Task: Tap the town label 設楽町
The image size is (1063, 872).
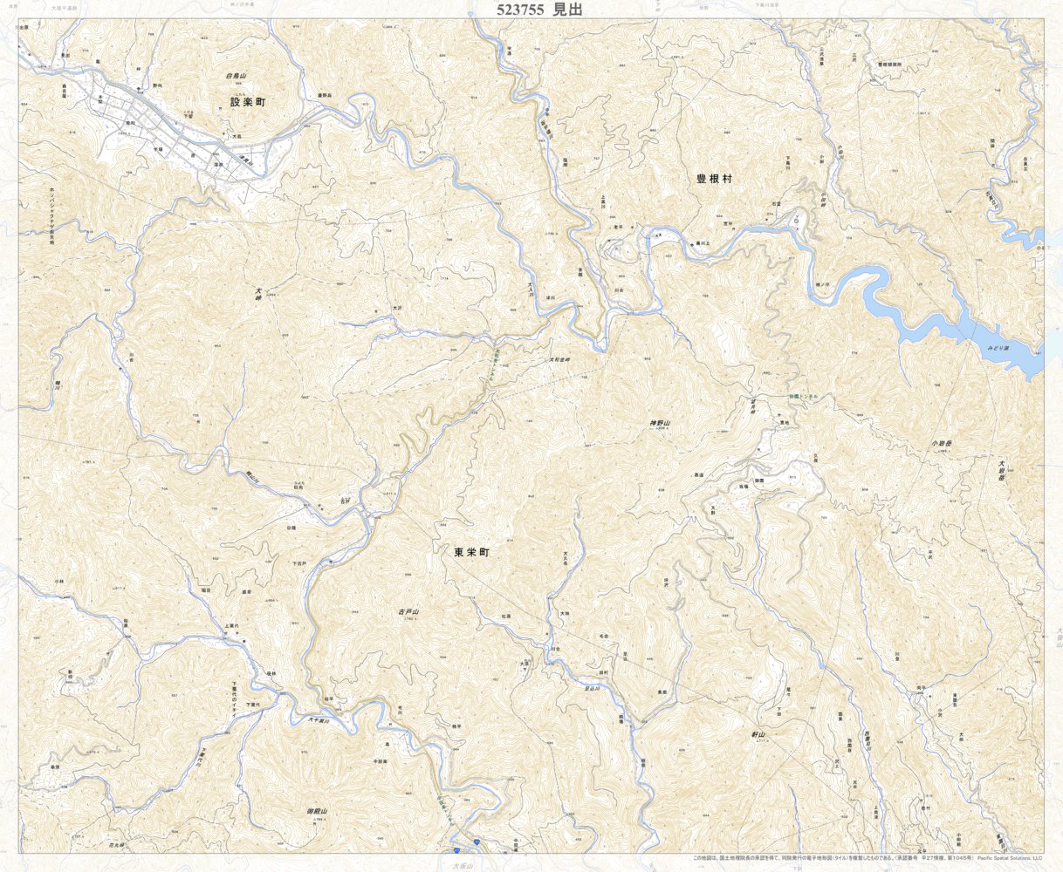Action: point(247,102)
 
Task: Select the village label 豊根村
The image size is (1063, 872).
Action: point(714,179)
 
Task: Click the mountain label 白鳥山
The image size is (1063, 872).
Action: point(237,77)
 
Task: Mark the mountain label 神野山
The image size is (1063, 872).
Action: point(659,423)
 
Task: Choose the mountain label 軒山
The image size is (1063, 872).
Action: point(758,735)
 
